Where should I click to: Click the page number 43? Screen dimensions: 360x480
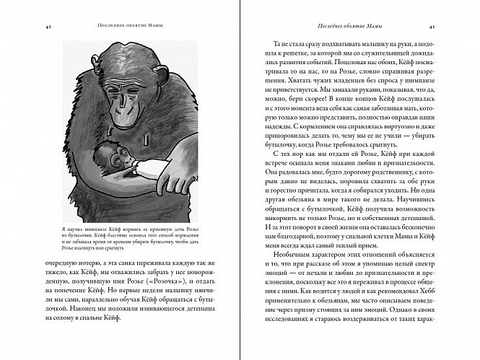pyautogui.click(x=450, y=27)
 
